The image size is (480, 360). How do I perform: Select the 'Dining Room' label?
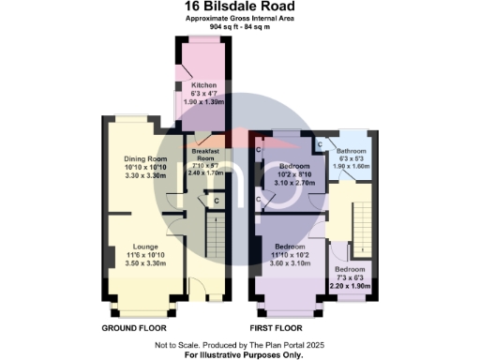(144, 159)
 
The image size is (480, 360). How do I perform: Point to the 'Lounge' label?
(145, 245)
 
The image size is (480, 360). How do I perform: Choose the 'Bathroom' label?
(352, 151)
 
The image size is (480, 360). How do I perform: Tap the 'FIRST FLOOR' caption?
(277, 329)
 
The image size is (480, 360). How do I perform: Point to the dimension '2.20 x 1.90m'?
(352, 285)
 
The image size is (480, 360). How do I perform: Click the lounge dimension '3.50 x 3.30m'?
(145, 263)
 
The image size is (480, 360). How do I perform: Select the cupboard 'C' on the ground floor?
(217, 201)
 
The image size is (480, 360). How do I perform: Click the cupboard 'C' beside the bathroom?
(320, 144)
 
